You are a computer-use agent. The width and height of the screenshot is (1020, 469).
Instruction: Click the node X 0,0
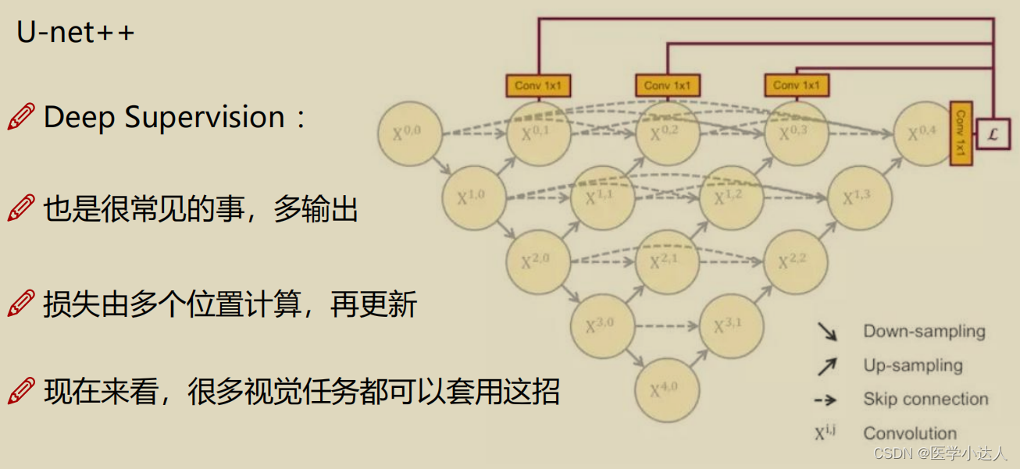pyautogui.click(x=410, y=133)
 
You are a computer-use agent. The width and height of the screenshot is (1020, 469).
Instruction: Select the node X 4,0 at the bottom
pyautogui.click(x=667, y=389)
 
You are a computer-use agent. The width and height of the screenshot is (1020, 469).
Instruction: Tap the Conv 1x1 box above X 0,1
pyautogui.click(x=539, y=85)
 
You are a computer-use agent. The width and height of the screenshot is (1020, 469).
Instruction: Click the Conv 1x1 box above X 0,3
pyautogui.click(x=797, y=85)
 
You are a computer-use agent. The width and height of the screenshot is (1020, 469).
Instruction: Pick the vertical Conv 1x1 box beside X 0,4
pyautogui.click(x=961, y=133)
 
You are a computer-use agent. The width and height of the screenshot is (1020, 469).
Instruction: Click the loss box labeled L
pyautogui.click(x=993, y=134)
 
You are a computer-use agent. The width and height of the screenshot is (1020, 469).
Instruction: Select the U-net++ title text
pyautogui.click(x=76, y=34)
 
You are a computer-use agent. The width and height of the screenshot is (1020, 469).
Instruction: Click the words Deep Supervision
pyautogui.click(x=164, y=117)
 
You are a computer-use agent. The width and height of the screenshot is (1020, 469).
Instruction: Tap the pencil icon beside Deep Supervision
pyautogui.click(x=21, y=117)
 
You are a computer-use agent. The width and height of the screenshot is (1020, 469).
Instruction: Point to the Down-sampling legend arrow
pyautogui.click(x=827, y=332)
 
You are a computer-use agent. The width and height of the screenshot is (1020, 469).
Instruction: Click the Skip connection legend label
pyautogui.click(x=925, y=400)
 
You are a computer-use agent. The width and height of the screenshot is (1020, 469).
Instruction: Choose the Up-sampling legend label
pyautogui.click(x=912, y=365)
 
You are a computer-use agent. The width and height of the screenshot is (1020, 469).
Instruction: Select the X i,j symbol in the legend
pyautogui.click(x=825, y=432)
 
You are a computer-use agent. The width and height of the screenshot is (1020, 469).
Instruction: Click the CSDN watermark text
pyautogui.click(x=940, y=453)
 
